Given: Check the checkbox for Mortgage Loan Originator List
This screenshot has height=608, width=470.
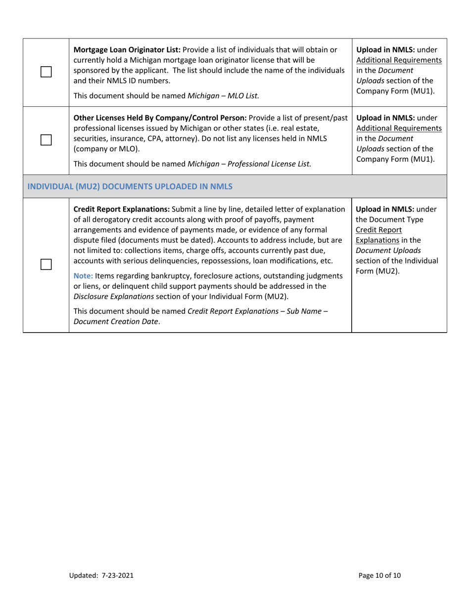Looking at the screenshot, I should click(x=46, y=73).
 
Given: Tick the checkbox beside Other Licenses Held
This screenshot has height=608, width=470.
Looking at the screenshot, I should click(x=46, y=140).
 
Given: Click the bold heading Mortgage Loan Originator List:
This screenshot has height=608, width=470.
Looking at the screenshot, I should click(x=127, y=50).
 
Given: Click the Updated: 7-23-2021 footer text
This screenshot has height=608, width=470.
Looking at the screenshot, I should click(x=101, y=575).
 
